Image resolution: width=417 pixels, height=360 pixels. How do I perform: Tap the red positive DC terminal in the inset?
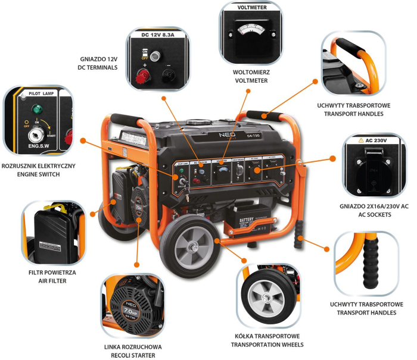(142, 75)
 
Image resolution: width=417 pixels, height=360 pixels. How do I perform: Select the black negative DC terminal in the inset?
(168, 75)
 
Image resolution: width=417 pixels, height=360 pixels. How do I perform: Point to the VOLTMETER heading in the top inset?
(251, 8)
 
